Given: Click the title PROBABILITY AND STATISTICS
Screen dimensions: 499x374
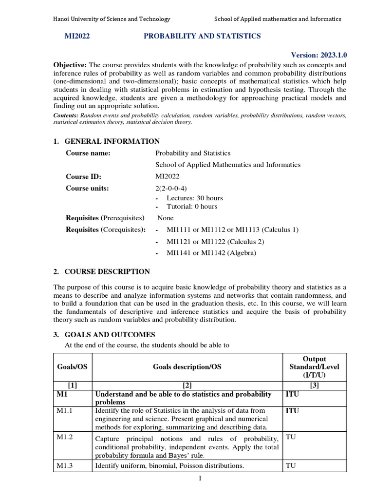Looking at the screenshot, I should [x=202, y=36].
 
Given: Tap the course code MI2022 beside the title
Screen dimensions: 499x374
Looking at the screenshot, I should [x=77, y=36].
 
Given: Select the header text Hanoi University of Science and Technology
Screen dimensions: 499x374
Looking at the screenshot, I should [x=112, y=19].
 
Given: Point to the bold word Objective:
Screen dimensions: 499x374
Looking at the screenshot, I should [x=70, y=65].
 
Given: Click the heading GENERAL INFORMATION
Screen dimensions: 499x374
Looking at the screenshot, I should [x=112, y=141].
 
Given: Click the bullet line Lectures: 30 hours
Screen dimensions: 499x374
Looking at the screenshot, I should [x=194, y=198].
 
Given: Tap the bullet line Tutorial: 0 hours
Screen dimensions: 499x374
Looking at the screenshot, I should [x=192, y=206].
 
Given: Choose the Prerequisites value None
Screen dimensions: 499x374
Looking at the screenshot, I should [x=166, y=218].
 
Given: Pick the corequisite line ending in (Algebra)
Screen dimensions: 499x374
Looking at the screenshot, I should [x=211, y=253].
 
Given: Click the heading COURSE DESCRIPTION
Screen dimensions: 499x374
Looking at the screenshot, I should [x=107, y=271].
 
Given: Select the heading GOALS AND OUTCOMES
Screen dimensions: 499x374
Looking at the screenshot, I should [x=110, y=334].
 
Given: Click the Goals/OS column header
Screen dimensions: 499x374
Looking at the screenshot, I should [x=73, y=366].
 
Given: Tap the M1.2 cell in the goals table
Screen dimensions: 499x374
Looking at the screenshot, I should [x=65, y=437].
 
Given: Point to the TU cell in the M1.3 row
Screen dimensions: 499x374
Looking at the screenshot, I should [x=291, y=465].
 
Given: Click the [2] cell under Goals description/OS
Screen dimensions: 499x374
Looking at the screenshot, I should [x=187, y=385].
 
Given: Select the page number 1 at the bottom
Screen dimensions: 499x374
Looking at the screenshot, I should [x=200, y=478].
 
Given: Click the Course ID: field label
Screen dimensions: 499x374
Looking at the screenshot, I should [x=83, y=177].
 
